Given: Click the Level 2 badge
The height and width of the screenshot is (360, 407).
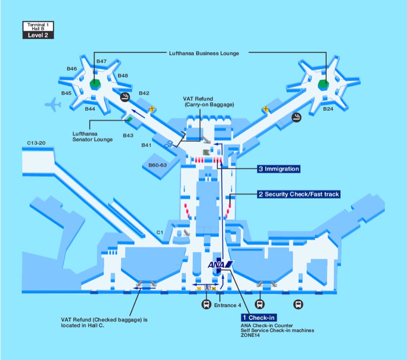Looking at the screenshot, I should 38,36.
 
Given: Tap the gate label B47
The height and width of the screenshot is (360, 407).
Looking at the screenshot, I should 101,62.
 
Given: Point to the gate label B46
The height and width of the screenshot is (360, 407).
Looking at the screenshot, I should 72,69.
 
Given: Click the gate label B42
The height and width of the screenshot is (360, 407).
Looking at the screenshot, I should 144,93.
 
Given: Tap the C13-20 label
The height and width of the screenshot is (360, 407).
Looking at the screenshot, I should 36,143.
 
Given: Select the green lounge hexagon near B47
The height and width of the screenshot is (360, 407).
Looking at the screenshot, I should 95,83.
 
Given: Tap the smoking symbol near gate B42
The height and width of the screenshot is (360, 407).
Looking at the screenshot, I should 124,97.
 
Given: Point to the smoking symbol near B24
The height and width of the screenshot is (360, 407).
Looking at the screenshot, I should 296,117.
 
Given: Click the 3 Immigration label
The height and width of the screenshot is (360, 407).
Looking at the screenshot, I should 278,169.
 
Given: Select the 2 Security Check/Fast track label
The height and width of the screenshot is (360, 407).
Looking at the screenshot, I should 298,194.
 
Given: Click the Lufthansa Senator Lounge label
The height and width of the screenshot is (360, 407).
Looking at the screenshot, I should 93,137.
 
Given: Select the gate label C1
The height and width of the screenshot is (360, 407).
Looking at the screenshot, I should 160,232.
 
